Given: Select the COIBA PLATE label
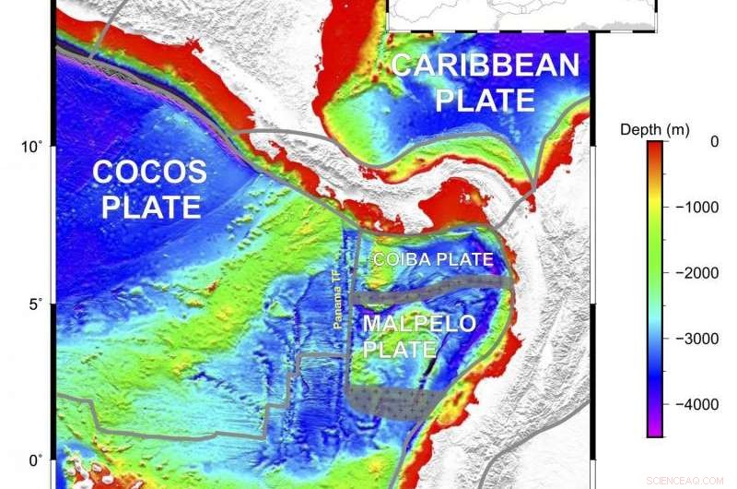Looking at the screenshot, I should [433, 259].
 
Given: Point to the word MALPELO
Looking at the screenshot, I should [418, 324].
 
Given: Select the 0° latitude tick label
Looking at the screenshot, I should [35, 460].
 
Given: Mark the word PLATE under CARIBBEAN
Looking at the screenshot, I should [485, 99].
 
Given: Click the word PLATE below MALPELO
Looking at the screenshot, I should [400, 350].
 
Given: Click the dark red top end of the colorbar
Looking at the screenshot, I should [655, 146].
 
